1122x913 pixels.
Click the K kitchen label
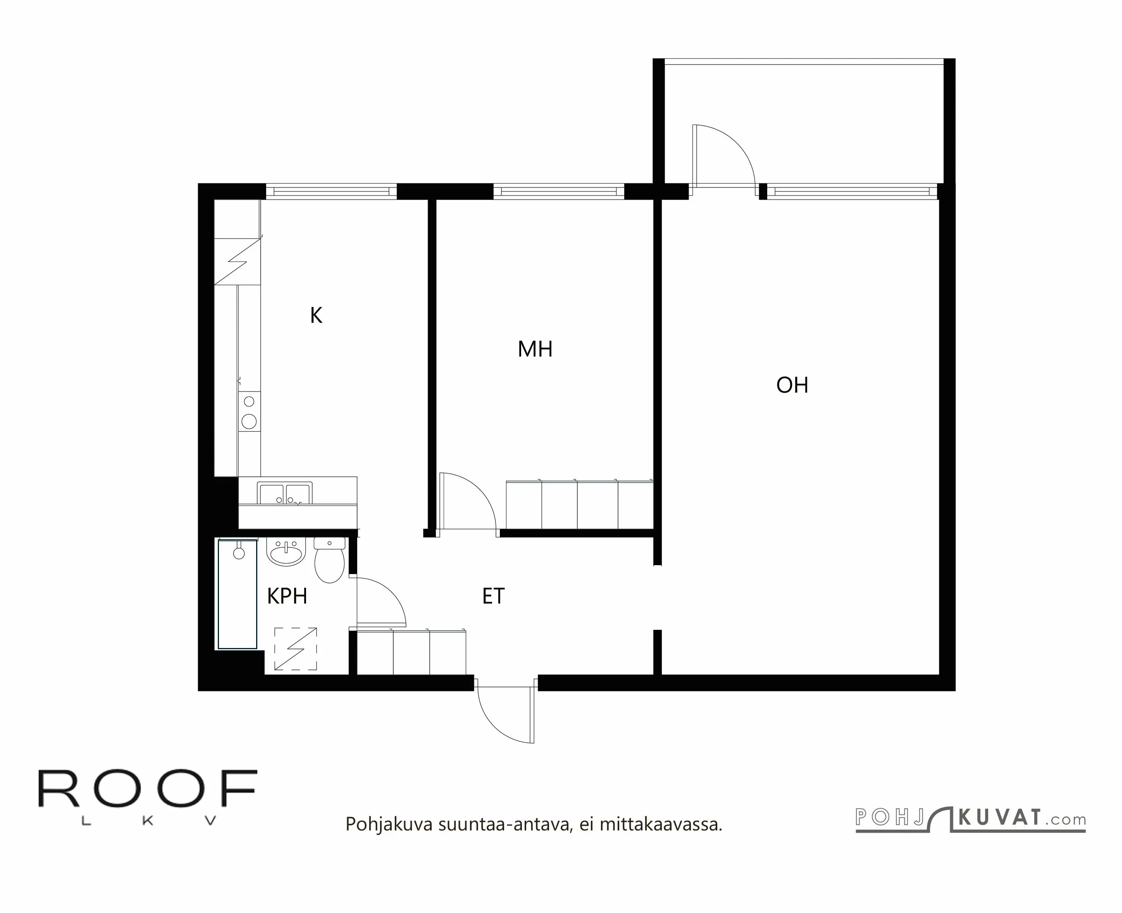point(316,316)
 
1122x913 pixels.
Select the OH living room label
point(792,385)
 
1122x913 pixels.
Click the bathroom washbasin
point(286,552)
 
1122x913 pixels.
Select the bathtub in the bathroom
point(238,594)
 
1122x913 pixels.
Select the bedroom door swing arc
point(476,494)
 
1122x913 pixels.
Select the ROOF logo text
point(147,789)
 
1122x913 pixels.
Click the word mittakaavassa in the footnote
point(661,824)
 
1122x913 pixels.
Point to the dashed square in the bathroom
point(296,648)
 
